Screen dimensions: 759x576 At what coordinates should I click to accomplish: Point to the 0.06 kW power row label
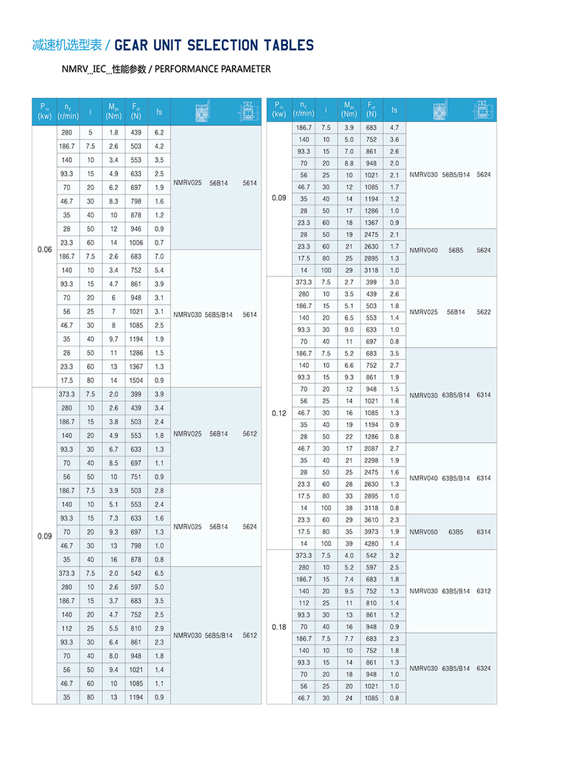[45, 249]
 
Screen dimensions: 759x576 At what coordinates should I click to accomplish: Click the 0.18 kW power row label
[279, 626]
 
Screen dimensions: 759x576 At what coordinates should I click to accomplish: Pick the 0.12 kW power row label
[279, 413]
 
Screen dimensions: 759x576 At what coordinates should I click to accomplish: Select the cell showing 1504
[136, 380]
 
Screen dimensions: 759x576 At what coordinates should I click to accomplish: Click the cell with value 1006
[136, 243]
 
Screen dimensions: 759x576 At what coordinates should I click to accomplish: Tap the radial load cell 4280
[372, 544]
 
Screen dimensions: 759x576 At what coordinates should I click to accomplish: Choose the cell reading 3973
[372, 531]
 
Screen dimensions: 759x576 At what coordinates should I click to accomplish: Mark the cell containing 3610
[372, 520]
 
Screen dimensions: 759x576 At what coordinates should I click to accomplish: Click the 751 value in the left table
[136, 477]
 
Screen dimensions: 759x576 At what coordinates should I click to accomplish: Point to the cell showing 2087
[372, 449]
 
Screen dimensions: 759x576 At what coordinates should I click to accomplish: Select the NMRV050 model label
[423, 531]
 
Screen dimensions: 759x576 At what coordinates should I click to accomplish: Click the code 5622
[484, 312]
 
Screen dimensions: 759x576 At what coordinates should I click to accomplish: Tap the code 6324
[484, 668]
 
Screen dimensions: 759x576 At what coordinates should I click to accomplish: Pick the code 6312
[484, 591]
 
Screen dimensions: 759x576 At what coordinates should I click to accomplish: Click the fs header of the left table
[159, 112]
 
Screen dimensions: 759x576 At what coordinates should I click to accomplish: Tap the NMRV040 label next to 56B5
[423, 250]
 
